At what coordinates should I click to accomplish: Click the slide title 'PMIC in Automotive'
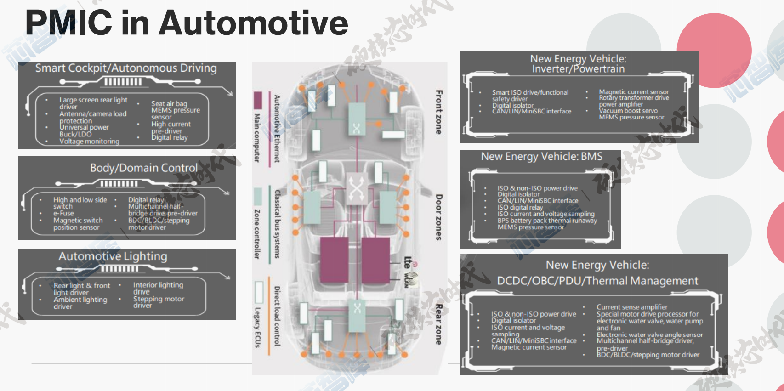pyautogui.click(x=187, y=23)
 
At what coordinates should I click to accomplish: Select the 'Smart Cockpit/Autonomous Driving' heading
pyautogui.click(x=126, y=68)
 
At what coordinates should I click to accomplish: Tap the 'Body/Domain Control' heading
pyautogui.click(x=144, y=168)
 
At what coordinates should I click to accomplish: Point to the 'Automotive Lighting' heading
pyautogui.click(x=113, y=256)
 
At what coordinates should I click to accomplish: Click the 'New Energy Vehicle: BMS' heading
pyautogui.click(x=541, y=157)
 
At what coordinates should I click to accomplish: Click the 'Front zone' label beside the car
pyautogui.click(x=438, y=112)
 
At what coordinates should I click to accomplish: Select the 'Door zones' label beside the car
pyautogui.click(x=438, y=217)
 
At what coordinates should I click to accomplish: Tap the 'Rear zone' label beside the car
pyautogui.click(x=438, y=323)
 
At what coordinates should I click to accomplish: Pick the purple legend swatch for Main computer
pyautogui.click(x=258, y=100)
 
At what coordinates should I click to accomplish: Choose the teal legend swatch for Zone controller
pyautogui.click(x=258, y=196)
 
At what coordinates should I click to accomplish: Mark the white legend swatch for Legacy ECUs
pyautogui.click(x=258, y=292)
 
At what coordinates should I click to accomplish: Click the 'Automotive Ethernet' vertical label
pyautogui.click(x=277, y=129)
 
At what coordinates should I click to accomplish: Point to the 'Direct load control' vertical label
pyautogui.click(x=277, y=316)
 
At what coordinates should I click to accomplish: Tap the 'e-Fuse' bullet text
pyautogui.click(x=63, y=213)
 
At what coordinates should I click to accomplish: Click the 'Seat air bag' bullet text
pyautogui.click(x=169, y=104)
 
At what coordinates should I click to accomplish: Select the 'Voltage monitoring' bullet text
pyautogui.click(x=89, y=142)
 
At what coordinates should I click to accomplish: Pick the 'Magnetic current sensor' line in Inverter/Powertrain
pyautogui.click(x=634, y=92)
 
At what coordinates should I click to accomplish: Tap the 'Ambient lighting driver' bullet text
pyautogui.click(x=80, y=303)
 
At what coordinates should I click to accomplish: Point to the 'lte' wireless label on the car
pyautogui.click(x=407, y=262)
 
